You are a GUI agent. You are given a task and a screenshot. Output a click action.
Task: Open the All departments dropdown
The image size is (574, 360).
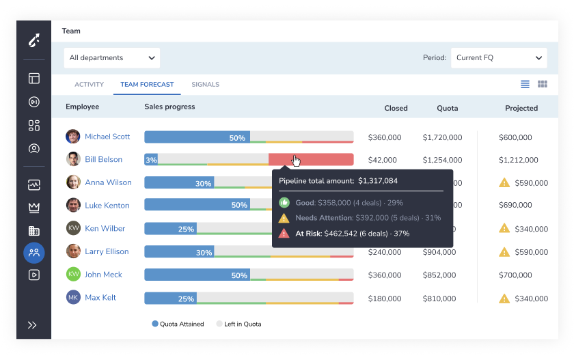click(112, 58)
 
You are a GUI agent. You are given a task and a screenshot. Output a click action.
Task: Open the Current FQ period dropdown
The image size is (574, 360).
click(499, 58)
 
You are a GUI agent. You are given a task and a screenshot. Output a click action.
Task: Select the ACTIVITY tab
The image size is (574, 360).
click(89, 85)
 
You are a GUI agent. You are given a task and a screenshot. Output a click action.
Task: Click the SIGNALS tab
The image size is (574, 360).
click(205, 85)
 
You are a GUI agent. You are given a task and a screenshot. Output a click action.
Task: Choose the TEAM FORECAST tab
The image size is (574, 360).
click(147, 85)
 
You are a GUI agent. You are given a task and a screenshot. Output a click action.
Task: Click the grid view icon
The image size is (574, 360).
click(543, 84)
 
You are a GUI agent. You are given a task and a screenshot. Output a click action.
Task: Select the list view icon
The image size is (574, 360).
click(525, 84)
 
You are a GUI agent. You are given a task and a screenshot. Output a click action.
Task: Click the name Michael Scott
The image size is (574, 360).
click(107, 137)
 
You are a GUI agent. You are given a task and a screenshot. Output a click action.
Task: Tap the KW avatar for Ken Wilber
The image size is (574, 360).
click(73, 228)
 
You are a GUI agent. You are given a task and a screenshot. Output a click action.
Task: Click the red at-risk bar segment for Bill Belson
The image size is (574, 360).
click(311, 160)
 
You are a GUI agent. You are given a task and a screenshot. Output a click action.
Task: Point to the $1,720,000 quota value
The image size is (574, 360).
click(442, 137)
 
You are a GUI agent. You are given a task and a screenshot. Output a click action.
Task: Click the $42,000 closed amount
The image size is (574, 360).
click(382, 161)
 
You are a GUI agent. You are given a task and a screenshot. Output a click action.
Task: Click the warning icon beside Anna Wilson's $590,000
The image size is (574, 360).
click(504, 182)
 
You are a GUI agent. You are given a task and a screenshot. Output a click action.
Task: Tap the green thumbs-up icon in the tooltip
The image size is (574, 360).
click(284, 203)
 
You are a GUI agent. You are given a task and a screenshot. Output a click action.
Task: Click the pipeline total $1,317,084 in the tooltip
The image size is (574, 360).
click(378, 181)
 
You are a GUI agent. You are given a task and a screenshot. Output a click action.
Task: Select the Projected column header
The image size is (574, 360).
click(521, 108)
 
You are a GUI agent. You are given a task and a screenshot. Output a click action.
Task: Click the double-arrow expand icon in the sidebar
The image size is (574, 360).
click(32, 325)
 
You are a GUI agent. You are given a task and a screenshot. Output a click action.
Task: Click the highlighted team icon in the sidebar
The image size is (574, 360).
click(33, 253)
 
